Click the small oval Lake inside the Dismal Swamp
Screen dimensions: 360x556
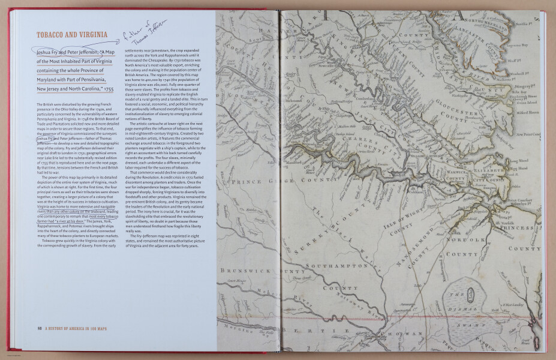[x=471, y=295]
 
